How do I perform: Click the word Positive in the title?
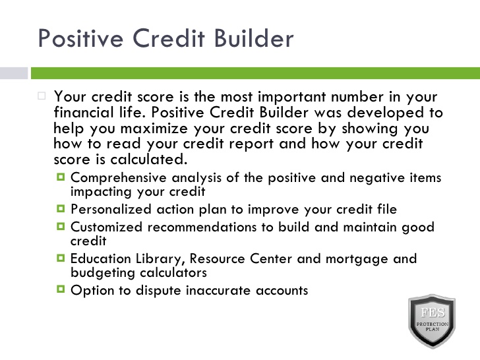pyautogui.click(x=80, y=38)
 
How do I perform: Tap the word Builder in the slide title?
pyautogui.click(x=254, y=38)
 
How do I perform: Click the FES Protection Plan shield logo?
pyautogui.click(x=432, y=321)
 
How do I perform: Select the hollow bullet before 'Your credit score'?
pyautogui.click(x=42, y=96)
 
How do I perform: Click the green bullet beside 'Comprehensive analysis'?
pyautogui.click(x=61, y=177)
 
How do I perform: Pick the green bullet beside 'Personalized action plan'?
pyautogui.click(x=61, y=209)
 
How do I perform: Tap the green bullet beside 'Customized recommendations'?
pyautogui.click(x=61, y=227)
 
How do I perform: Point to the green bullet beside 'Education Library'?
pyautogui.click(x=61, y=258)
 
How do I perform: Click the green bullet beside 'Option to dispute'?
pyautogui.click(x=61, y=289)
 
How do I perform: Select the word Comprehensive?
pyautogui.click(x=119, y=178)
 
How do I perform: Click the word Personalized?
pyautogui.click(x=111, y=210)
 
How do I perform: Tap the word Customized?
pyautogui.click(x=107, y=227)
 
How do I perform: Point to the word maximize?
pyautogui.click(x=154, y=129)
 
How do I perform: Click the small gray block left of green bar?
pyautogui.click(x=14, y=73)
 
